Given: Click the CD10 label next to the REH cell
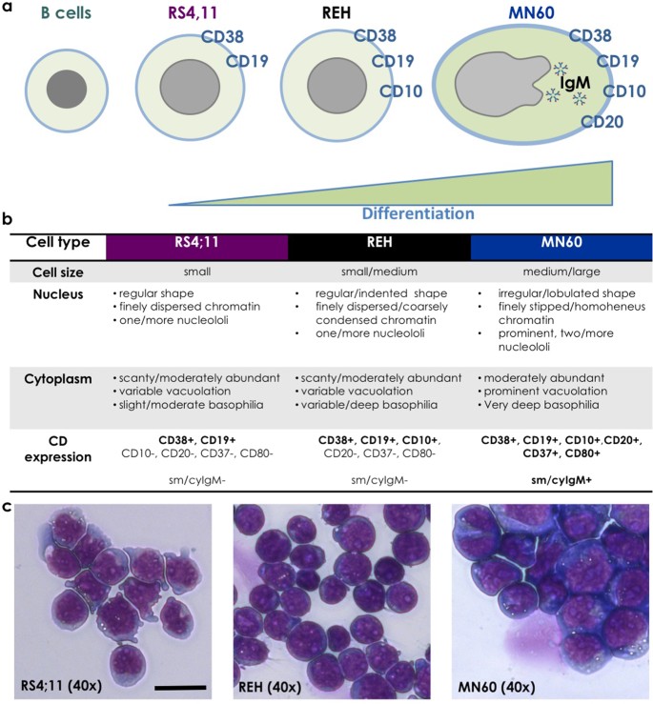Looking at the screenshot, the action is tap(402, 92).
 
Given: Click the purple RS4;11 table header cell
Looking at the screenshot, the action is tap(195, 245).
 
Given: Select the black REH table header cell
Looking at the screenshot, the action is tap(379, 245).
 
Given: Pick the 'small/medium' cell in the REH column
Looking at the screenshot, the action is tap(379, 272).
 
